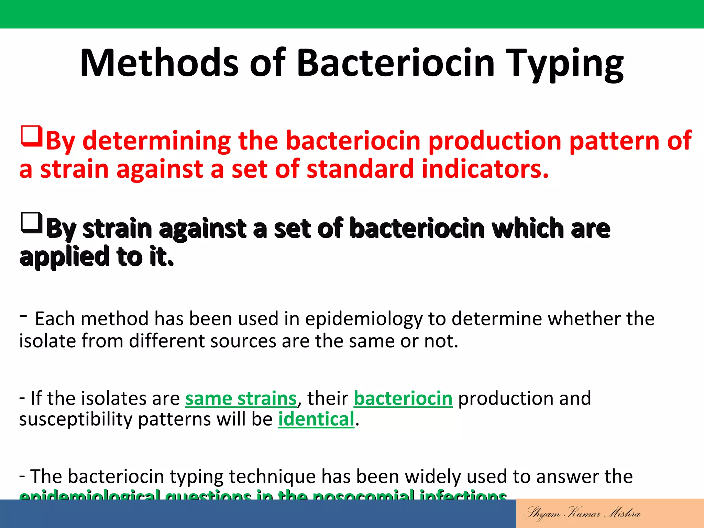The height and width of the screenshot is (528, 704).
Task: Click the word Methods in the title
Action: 159,63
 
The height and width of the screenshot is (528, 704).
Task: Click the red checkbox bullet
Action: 32,136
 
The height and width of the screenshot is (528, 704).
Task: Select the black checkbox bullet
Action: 32,223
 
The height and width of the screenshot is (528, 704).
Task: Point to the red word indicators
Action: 485,169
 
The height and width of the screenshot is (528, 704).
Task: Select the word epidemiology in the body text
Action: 363,319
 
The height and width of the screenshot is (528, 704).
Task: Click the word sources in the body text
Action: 243,341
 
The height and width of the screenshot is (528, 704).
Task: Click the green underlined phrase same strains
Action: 241,398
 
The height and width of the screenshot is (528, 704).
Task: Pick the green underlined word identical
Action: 316,419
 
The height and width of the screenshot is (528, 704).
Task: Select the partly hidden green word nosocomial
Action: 363,496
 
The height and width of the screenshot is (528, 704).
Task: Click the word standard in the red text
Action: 360,169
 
